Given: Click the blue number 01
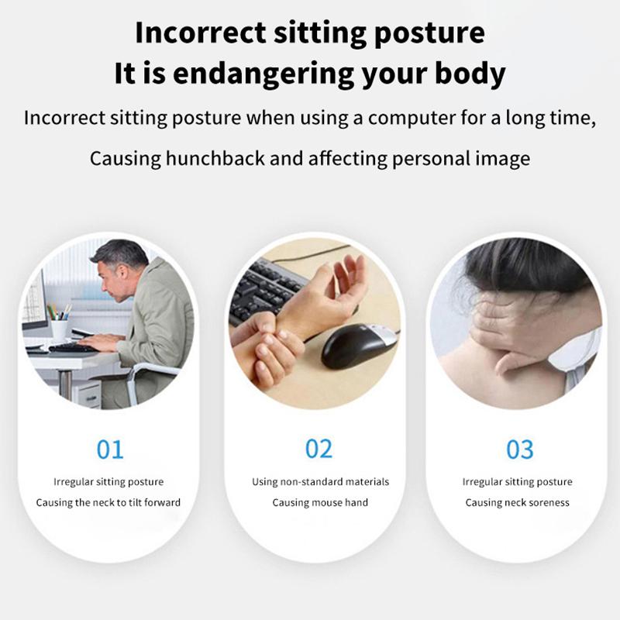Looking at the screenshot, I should pyautogui.click(x=110, y=449).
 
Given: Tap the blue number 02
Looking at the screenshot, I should pyautogui.click(x=319, y=449).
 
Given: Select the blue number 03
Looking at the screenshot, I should pyautogui.click(x=520, y=449).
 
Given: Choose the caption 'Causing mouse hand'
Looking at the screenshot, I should pyautogui.click(x=320, y=502).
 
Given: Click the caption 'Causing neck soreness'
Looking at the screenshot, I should pyautogui.click(x=518, y=502).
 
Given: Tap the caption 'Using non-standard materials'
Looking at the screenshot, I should pyautogui.click(x=320, y=481).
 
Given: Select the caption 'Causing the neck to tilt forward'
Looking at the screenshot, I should pyautogui.click(x=108, y=502).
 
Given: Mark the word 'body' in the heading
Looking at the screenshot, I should pyautogui.click(x=469, y=74).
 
